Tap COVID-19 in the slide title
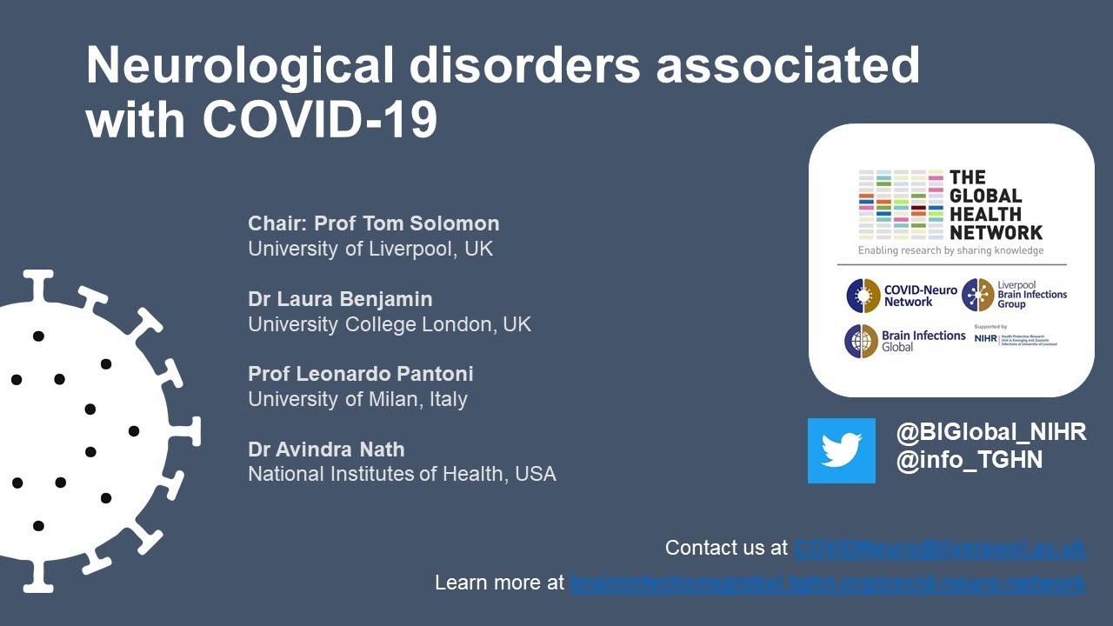coord(320,121)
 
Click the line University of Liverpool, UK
coord(370,249)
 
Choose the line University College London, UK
coord(390,324)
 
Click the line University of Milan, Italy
coord(357,399)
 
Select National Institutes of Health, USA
coord(402,475)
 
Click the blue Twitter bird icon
coord(841,450)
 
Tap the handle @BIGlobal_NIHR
coord(991,432)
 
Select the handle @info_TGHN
coord(970,460)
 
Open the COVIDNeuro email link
coord(939,549)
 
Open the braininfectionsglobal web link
coord(827,583)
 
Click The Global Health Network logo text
coord(995,205)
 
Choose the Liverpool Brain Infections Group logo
coord(1014,295)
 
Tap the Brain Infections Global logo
coord(904,340)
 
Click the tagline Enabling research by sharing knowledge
coord(950,250)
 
